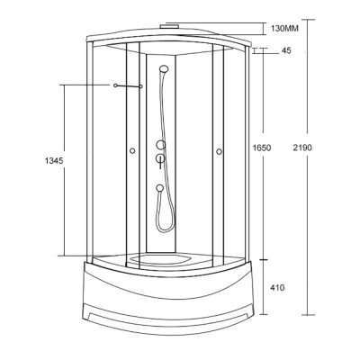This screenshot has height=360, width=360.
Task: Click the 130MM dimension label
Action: click(284, 29)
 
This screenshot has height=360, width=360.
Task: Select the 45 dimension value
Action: click(286, 50)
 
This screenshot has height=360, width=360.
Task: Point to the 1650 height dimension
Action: click(262, 148)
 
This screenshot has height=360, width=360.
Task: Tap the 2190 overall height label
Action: click(302, 148)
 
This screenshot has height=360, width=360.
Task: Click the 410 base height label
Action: click(277, 288)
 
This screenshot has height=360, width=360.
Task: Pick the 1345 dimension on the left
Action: click(54, 161)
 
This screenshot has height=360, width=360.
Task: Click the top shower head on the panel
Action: click(163, 68)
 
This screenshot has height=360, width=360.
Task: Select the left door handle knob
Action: click(132, 151)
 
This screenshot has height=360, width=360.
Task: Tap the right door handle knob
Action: click(220, 151)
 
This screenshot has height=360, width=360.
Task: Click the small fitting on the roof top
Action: click(169, 26)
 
